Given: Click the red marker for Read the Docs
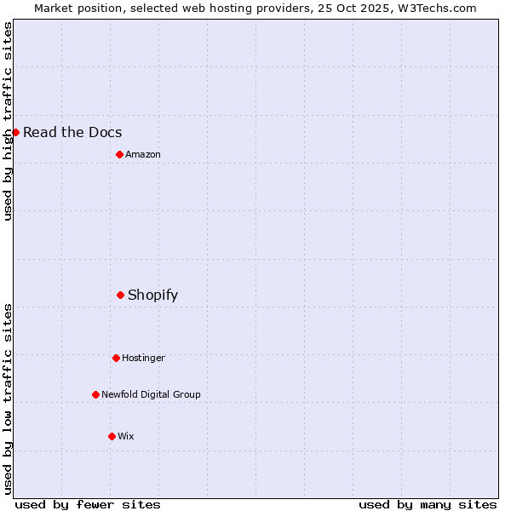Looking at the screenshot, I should click(15, 132).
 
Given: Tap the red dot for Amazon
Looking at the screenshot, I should click(119, 154).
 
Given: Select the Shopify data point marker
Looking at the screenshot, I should click(120, 295).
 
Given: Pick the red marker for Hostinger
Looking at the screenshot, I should click(116, 358).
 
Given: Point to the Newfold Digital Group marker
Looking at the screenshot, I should click(95, 394).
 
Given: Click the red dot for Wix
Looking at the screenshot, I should click(112, 436).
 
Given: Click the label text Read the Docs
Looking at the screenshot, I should click(72, 132).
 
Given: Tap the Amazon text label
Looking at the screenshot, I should click(143, 154).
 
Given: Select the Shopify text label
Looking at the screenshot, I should click(152, 296).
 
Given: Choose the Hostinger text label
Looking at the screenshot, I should click(143, 358).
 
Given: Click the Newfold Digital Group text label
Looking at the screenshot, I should click(151, 394).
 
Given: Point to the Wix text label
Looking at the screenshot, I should click(125, 436).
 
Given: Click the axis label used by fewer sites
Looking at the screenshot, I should click(88, 504).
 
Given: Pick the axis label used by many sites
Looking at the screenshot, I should click(428, 504).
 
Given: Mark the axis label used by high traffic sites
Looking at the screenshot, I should click(8, 121).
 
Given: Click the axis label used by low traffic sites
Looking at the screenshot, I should click(8, 399).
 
